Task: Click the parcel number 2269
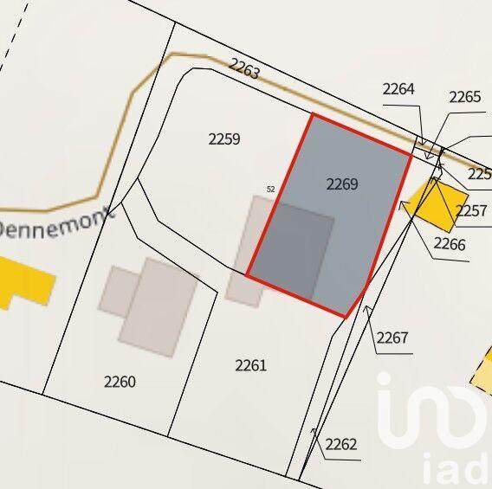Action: pyautogui.click(x=342, y=183)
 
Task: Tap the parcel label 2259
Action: pyautogui.click(x=224, y=138)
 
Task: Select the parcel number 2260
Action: pyautogui.click(x=120, y=382)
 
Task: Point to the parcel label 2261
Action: pyautogui.click(x=250, y=365)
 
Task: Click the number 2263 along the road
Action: pyautogui.click(x=244, y=68)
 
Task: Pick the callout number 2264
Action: pyautogui.click(x=398, y=88)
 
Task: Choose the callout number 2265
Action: pyautogui.click(x=464, y=97)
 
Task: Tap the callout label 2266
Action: pyautogui.click(x=450, y=244)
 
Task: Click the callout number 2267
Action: pyautogui.click(x=392, y=338)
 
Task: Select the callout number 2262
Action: pyautogui.click(x=341, y=445)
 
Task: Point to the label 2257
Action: pyautogui.click(x=472, y=210)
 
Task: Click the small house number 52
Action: pyautogui.click(x=270, y=189)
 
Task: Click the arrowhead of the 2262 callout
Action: pyautogui.click(x=314, y=430)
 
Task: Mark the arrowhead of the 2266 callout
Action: pyautogui.click(x=403, y=205)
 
